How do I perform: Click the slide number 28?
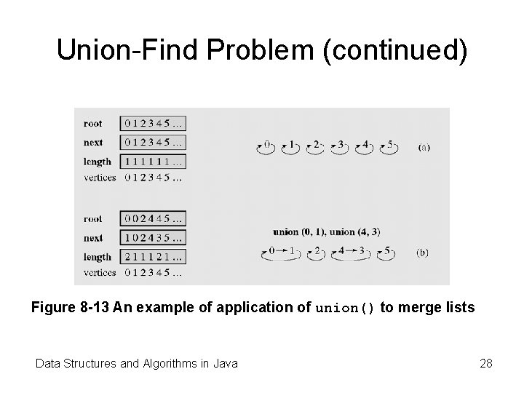point(486,362)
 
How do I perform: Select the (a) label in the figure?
point(424,147)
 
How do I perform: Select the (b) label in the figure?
point(423,253)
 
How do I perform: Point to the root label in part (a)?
point(92,123)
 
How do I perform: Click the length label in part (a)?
point(97,162)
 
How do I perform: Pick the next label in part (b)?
point(92,237)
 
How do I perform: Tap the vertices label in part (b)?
point(99,273)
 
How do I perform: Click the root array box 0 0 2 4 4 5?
point(154,218)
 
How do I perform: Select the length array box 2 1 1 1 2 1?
point(154,256)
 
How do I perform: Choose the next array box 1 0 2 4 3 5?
point(154,237)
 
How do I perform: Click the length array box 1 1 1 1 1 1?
point(154,162)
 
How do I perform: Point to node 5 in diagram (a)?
point(390,146)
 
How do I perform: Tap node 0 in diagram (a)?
point(267,146)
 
